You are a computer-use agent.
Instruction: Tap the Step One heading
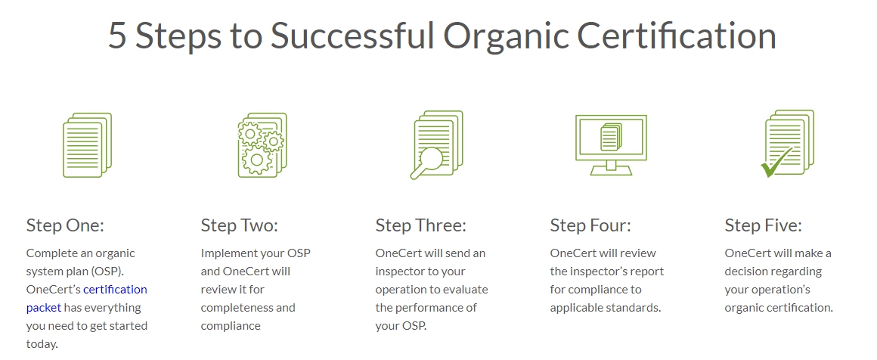click(66, 225)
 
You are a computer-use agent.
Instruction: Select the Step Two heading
click(240, 225)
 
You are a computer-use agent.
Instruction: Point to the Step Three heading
click(420, 225)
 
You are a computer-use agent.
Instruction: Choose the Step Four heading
click(590, 225)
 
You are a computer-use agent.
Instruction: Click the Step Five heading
click(764, 225)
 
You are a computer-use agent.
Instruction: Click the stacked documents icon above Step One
click(87, 145)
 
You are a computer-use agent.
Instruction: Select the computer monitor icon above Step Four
click(611, 145)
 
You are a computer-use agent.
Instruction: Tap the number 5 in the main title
click(117, 36)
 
